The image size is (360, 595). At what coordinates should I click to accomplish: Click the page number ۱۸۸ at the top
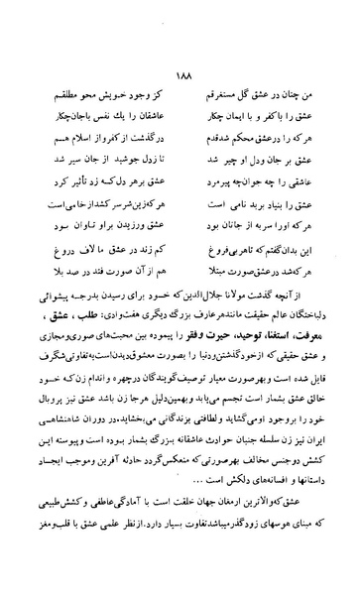(x=181, y=55)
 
